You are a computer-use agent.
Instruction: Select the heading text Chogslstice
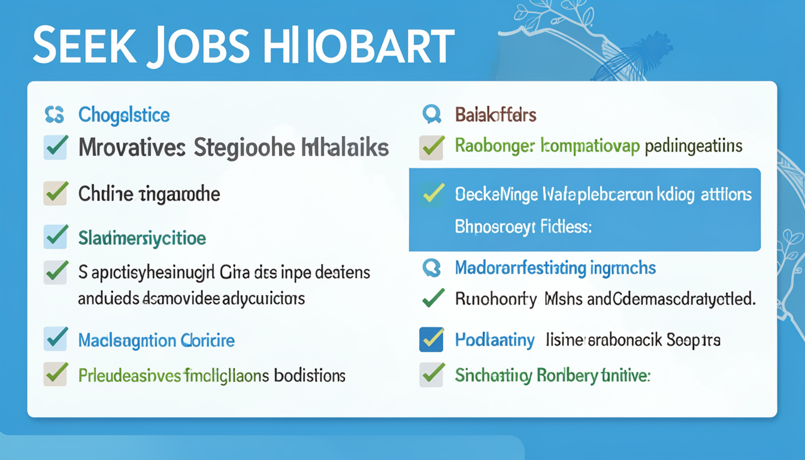pyautogui.click(x=124, y=114)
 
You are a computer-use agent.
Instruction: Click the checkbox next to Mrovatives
pyautogui.click(x=55, y=147)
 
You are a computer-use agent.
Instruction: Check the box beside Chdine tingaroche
pyautogui.click(x=55, y=193)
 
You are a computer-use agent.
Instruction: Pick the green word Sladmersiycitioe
pyautogui.click(x=142, y=238)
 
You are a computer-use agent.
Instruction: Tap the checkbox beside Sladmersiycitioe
pyautogui.click(x=55, y=237)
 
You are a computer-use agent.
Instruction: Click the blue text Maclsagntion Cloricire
pyautogui.click(x=156, y=341)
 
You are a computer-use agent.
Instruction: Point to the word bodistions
pyautogui.click(x=310, y=376)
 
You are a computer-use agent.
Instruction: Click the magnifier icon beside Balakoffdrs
pyautogui.click(x=431, y=114)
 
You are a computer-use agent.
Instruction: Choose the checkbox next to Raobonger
pyautogui.click(x=431, y=147)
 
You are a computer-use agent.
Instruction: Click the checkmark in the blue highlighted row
pyautogui.click(x=432, y=193)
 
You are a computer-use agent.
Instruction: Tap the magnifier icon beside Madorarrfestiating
pyautogui.click(x=431, y=267)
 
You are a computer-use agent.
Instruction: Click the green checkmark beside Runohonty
pyautogui.click(x=432, y=298)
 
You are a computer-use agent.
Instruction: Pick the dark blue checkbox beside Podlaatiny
pyautogui.click(x=431, y=339)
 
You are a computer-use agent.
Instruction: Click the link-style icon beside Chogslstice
pyautogui.click(x=54, y=114)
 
